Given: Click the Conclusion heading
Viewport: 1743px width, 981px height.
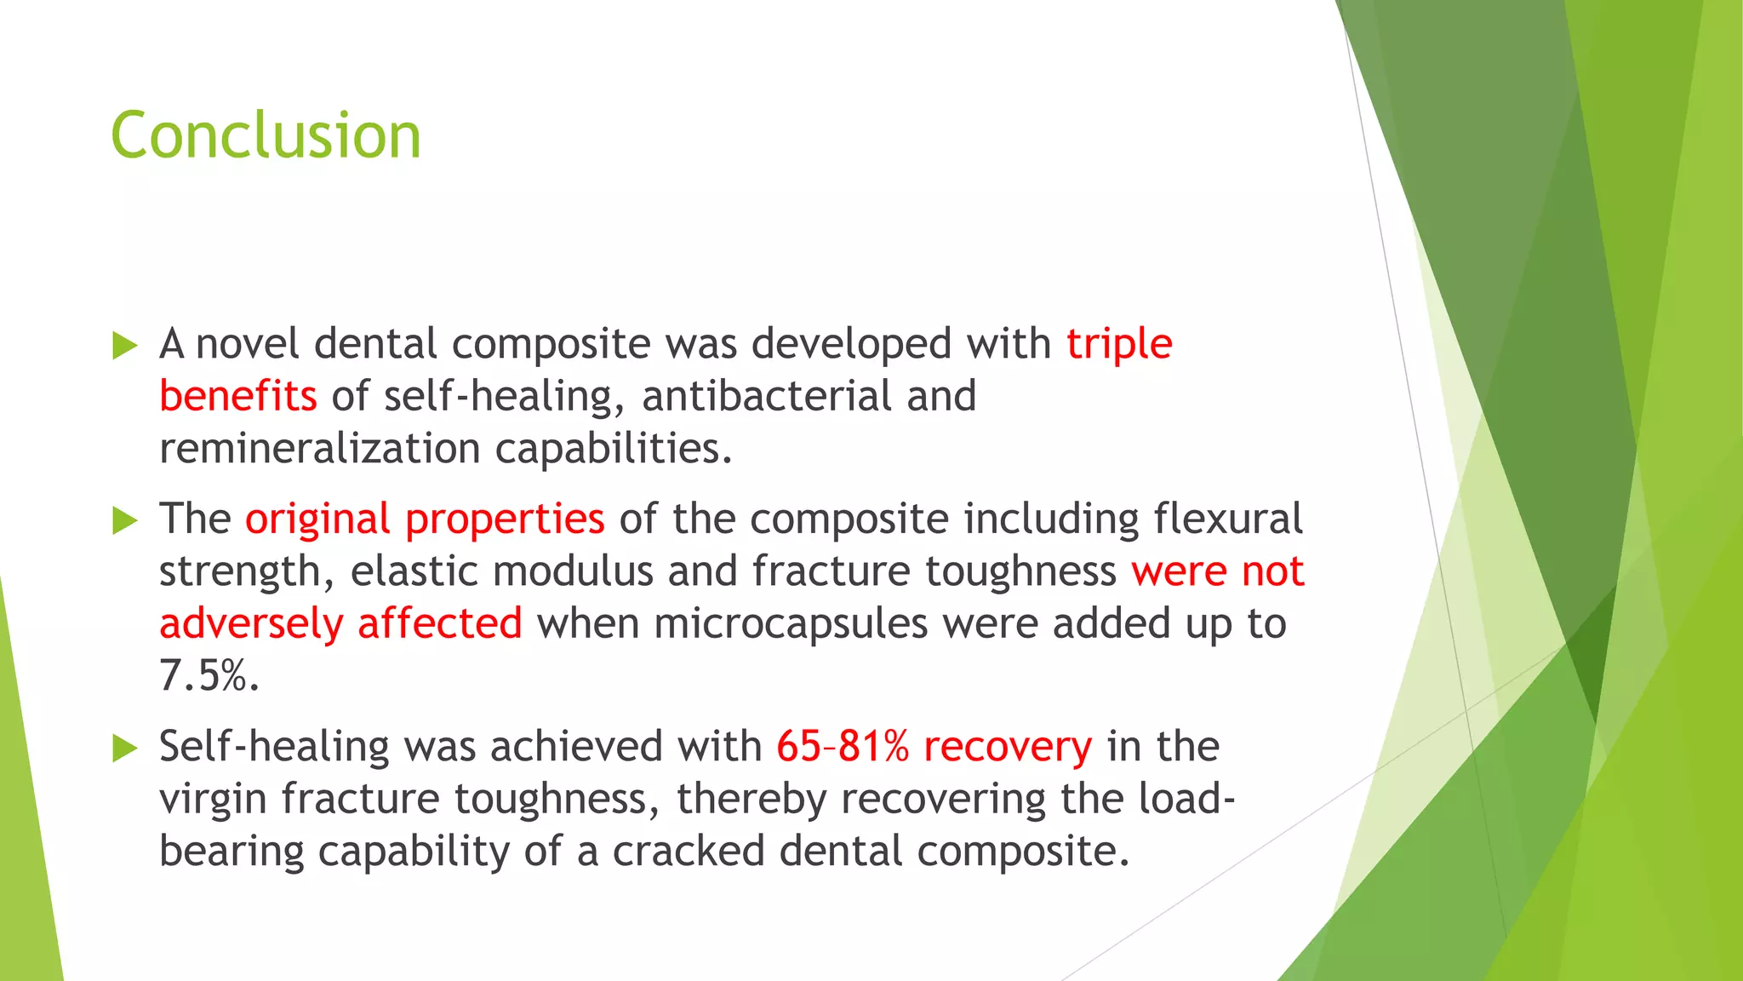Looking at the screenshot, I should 266,136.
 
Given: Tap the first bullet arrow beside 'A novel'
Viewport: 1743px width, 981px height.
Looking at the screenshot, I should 124,346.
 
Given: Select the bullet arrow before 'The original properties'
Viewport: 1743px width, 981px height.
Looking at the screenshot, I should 124,520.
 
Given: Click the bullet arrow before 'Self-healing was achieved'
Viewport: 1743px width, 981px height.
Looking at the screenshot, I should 124,749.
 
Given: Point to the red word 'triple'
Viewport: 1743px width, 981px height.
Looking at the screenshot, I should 1119,345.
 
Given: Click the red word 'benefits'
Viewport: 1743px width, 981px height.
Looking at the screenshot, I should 237,397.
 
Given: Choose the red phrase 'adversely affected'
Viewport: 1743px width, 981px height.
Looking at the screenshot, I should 340,624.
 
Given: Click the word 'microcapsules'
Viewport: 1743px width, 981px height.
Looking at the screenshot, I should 791,624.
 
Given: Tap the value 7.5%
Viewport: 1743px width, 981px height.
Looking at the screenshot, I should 209,676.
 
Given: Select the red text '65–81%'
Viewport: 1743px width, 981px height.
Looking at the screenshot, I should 843,747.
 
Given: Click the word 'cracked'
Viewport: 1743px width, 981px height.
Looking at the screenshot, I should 688,852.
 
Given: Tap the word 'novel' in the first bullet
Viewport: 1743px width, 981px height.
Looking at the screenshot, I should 247,345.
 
